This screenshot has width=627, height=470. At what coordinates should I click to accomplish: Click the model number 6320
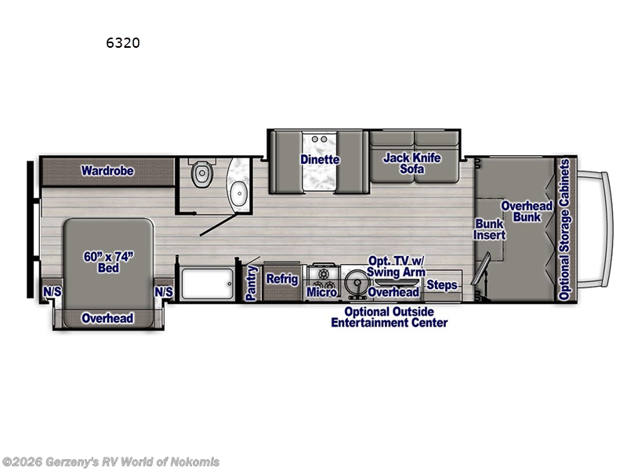123,43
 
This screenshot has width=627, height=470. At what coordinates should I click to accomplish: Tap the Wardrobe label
107,171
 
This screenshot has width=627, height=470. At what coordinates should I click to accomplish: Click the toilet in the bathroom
201,173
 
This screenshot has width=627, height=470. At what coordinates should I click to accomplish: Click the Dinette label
320,160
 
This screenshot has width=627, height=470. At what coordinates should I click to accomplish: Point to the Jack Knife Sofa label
412,164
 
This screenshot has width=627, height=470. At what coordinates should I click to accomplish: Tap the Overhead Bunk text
527,211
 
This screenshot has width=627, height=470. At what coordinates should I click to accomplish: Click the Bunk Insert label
490,229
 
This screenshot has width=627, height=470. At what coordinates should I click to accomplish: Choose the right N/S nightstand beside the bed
164,292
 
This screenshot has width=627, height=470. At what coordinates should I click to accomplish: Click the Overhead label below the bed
107,319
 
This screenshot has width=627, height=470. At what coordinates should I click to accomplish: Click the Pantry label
252,283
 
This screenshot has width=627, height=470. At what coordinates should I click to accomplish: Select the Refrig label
282,279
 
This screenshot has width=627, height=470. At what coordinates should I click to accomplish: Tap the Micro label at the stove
321,292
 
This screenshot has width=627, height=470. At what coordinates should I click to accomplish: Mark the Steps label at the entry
442,285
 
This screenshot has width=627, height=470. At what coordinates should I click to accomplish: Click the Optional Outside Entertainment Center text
390,317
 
